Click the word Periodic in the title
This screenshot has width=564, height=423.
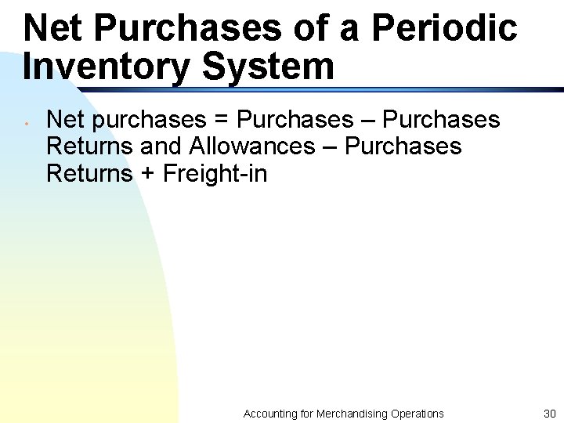[x=443, y=28]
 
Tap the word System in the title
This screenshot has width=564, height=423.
[x=269, y=67]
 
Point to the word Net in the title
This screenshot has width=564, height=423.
[x=54, y=28]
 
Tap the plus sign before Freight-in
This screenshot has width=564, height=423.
[x=148, y=174]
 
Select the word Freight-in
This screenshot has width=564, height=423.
[x=215, y=173]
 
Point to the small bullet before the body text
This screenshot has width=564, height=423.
[x=27, y=122]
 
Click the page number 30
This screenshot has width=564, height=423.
[x=549, y=414]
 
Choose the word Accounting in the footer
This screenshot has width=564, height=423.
[x=269, y=414]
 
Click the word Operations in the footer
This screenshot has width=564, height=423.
[x=418, y=414]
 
